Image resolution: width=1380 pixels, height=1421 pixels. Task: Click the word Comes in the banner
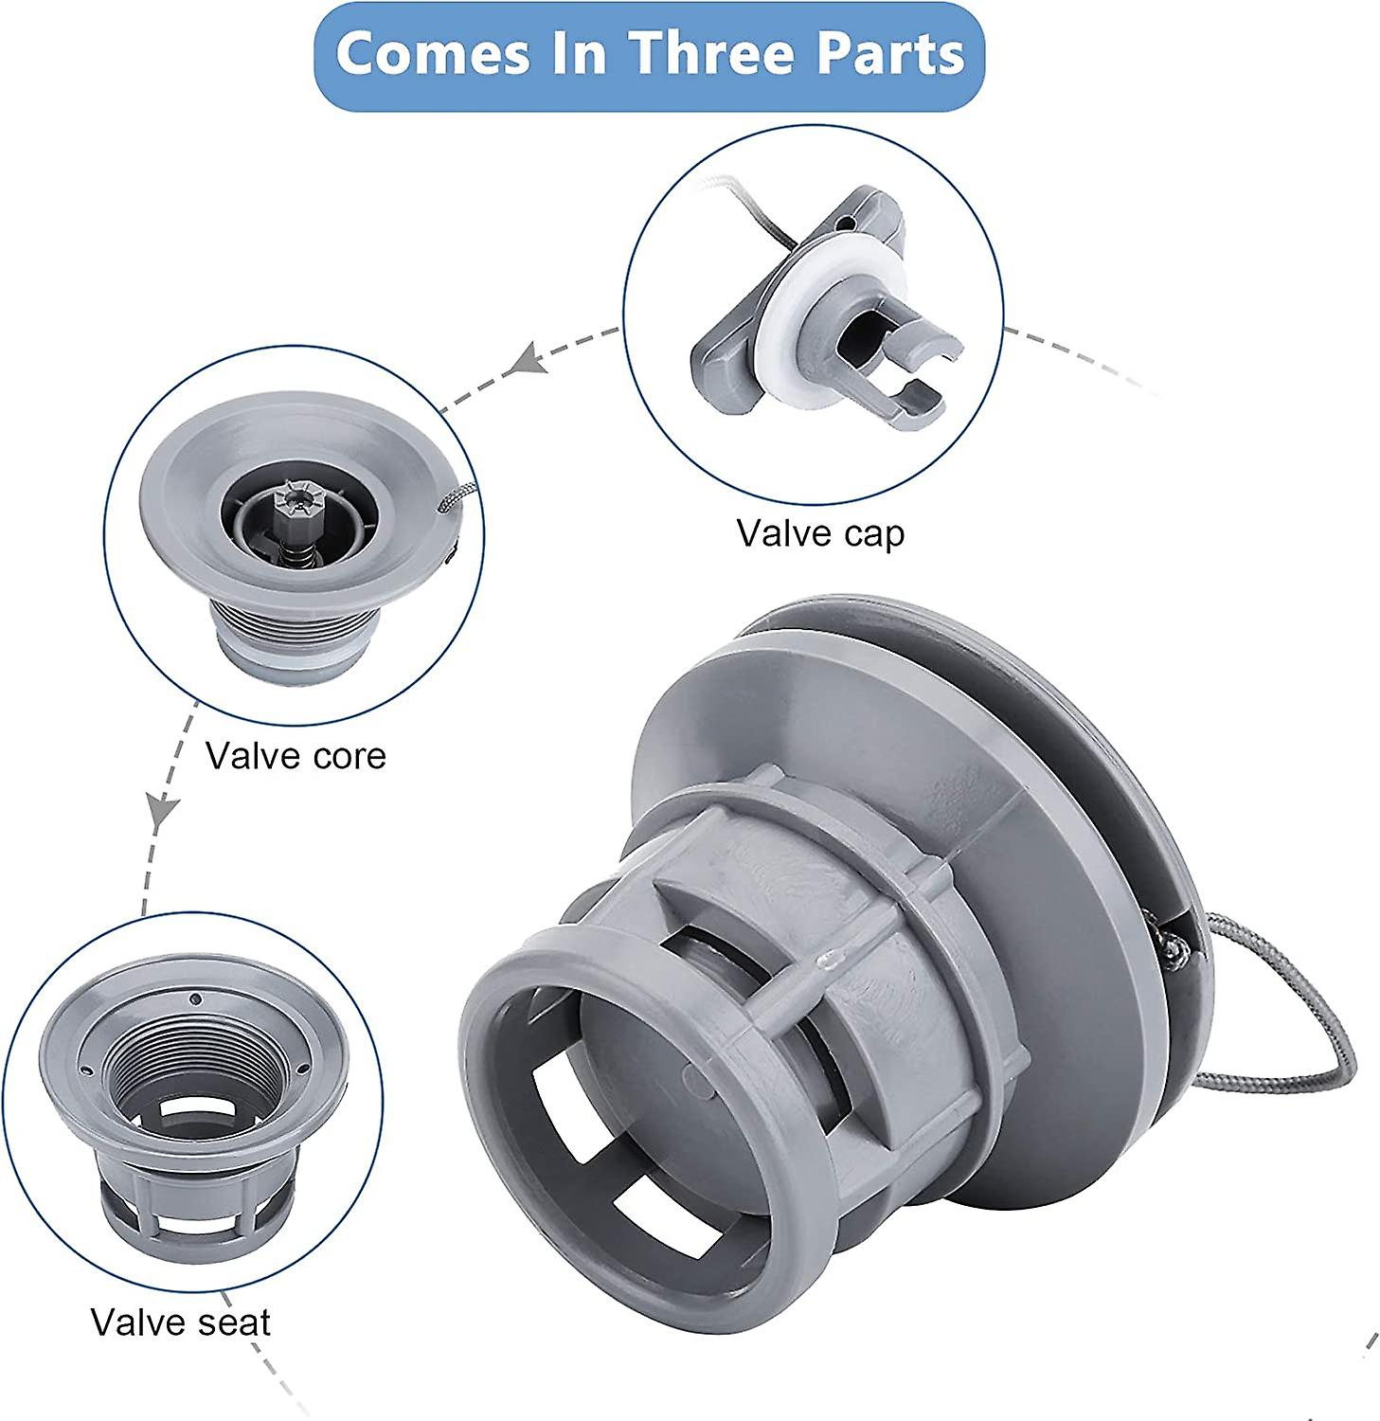point(432,54)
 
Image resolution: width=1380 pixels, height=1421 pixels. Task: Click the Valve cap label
point(820,534)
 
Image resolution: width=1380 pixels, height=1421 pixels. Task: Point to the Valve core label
point(296,756)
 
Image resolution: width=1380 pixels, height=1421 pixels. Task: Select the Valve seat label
point(181,1322)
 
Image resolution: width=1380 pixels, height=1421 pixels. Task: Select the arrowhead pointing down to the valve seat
point(163,812)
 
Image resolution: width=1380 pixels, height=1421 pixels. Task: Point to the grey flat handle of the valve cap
point(720,360)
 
